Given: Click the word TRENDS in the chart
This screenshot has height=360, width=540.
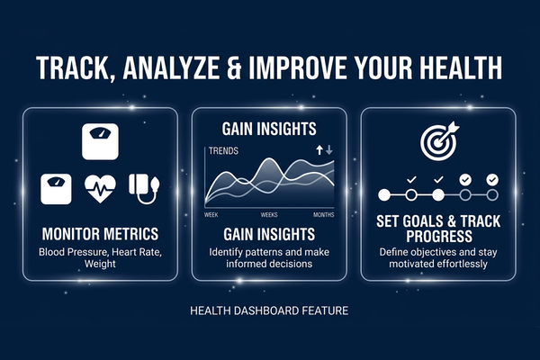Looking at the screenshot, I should point(222,151).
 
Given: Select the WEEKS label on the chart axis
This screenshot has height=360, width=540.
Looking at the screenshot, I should point(269,215).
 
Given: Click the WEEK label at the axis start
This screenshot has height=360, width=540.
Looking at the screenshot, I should point(211,215).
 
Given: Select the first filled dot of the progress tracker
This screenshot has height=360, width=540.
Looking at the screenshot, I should point(384,194).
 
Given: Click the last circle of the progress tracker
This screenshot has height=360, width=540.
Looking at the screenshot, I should point(492,194).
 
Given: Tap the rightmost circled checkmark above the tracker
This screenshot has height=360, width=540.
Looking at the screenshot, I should point(492,180).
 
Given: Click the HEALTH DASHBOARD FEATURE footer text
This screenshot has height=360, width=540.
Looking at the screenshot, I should point(269,311).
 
